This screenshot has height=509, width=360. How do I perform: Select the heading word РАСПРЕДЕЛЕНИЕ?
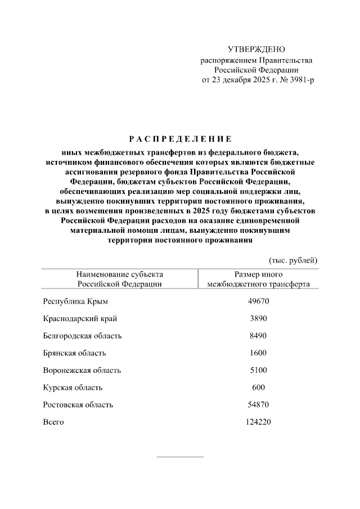[x=179, y=138]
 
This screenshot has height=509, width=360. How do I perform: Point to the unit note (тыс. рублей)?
[x=293, y=260]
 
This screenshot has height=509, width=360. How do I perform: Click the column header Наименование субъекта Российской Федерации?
[x=120, y=279]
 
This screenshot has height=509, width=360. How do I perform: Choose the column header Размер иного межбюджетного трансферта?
[x=258, y=279]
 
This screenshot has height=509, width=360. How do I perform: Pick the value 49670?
[x=259, y=302]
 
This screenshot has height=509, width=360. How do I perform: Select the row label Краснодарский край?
[x=80, y=319]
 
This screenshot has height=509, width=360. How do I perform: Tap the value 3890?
[x=259, y=319]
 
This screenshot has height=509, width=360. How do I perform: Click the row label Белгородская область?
[x=82, y=336]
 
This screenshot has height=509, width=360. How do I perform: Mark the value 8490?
[x=259, y=336]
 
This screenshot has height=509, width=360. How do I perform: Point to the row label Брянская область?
[x=74, y=353]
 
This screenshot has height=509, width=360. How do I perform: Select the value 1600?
[x=259, y=353]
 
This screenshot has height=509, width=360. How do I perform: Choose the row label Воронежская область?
[x=82, y=371]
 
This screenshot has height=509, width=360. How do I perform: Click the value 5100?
[x=259, y=371]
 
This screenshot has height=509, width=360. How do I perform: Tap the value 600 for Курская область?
[x=259, y=388]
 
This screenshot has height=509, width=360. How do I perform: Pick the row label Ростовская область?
[x=78, y=404]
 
